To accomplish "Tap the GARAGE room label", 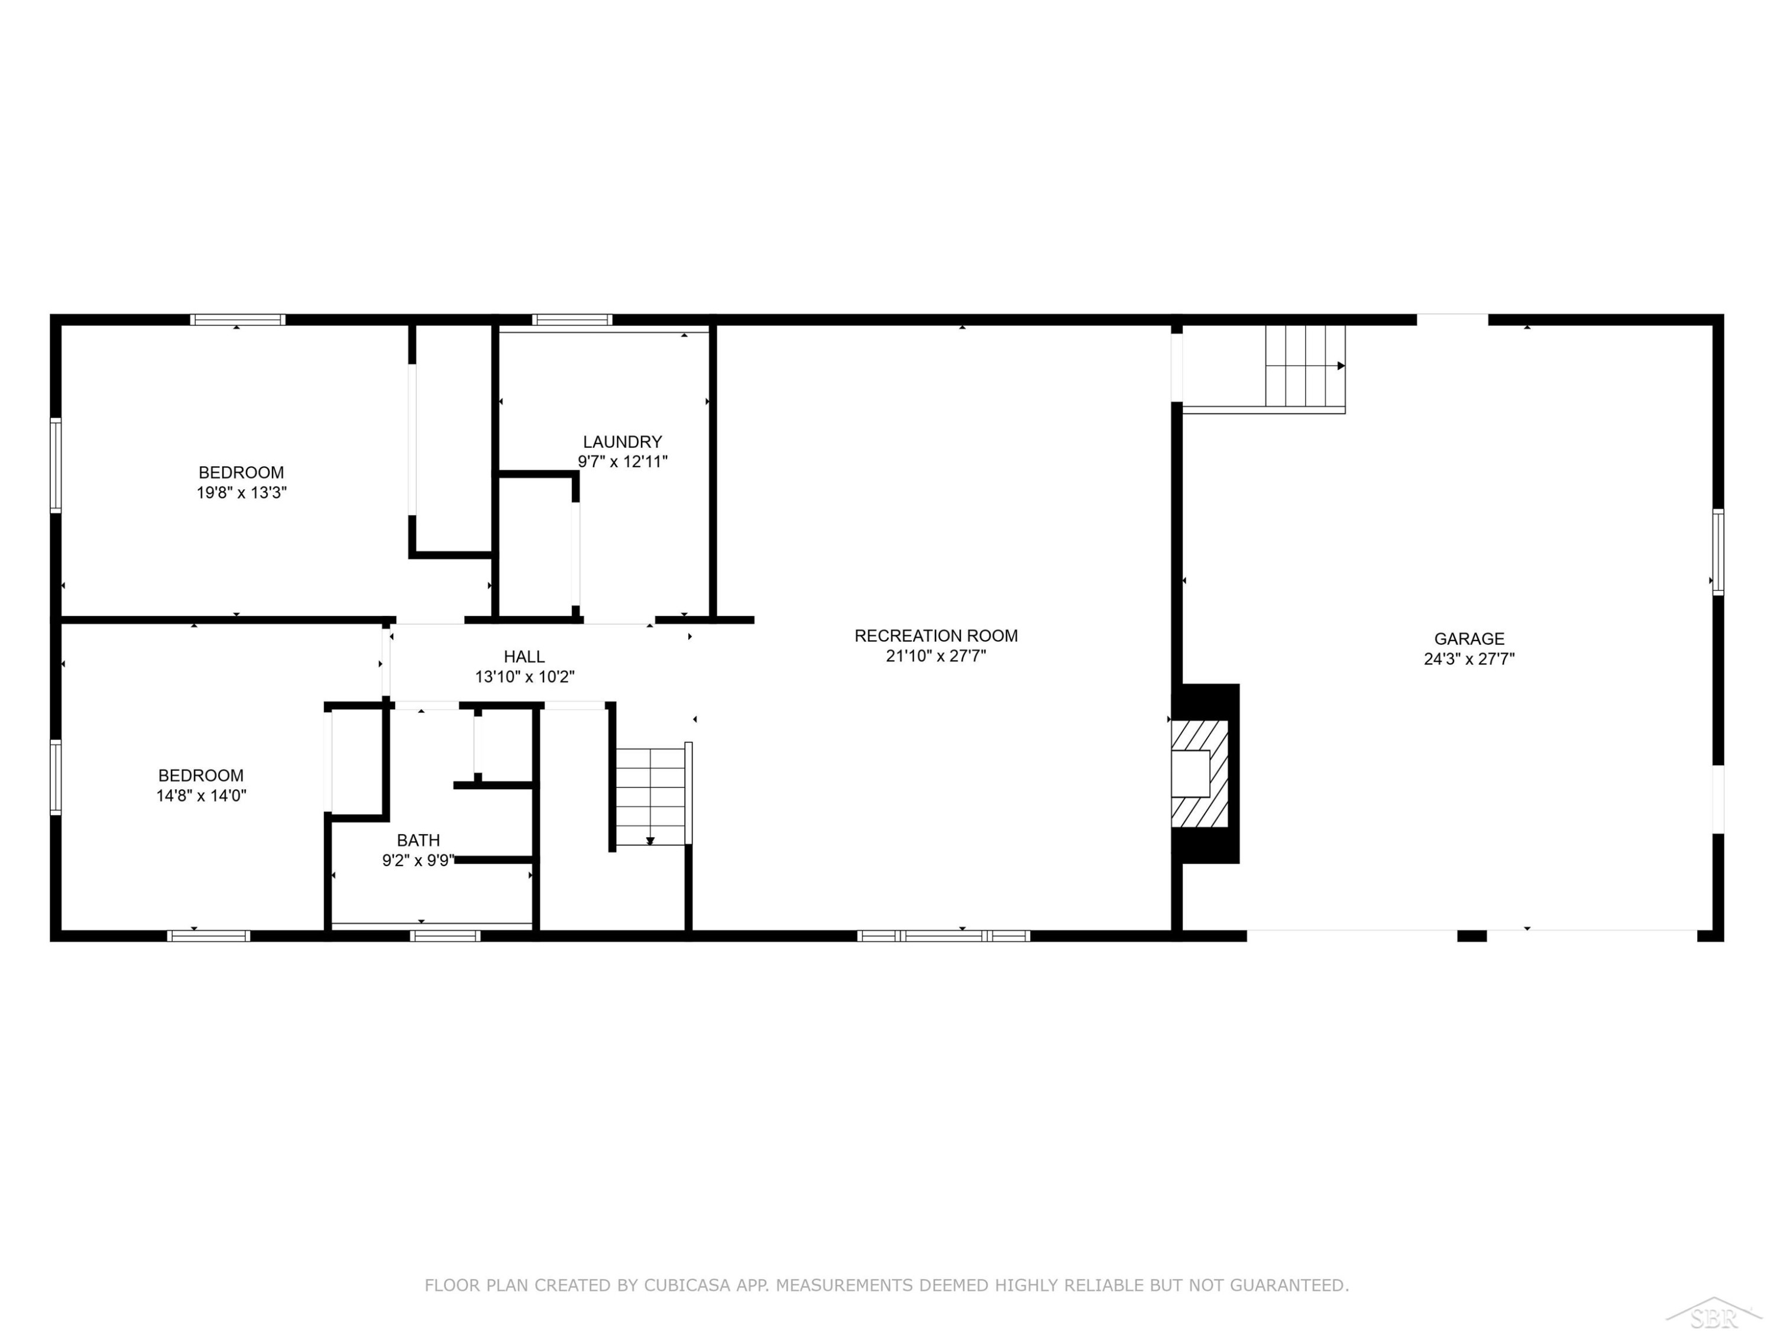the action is pos(1469,639).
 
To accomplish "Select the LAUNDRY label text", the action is pos(622,441).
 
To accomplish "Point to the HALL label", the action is pos(525,656).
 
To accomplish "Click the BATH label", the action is pos(418,840).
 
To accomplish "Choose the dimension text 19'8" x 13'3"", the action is pos(241,493).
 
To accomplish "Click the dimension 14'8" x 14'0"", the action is pos(201,796).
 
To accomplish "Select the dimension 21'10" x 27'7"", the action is pos(936,655).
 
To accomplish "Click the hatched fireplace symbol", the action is pos(1200,773).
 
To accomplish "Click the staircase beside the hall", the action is pos(650,795).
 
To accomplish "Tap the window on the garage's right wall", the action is pos(1718,552).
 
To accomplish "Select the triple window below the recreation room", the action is pos(943,935).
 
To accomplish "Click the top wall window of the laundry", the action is pos(572,319).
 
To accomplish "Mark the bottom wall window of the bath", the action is pos(445,935).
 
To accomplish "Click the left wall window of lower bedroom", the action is pos(56,777).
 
